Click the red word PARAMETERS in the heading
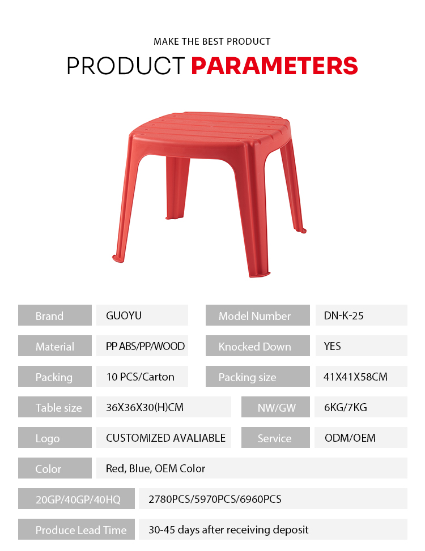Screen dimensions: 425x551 pos(274,66)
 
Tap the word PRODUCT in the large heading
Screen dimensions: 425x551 pos(125,66)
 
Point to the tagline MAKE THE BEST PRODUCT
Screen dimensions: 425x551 pos(212,41)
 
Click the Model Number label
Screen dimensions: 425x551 pos(254,316)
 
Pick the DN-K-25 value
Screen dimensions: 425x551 pos(343,315)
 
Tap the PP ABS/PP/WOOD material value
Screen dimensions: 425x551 pos(145,346)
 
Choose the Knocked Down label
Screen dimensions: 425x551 pos(254,347)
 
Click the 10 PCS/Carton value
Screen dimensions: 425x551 pos(140,377)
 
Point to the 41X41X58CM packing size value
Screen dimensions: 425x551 pos(355,377)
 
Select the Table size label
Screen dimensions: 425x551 pos(58,408)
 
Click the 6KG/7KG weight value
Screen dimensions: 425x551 pos(345,407)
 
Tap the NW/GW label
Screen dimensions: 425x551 pos(277,408)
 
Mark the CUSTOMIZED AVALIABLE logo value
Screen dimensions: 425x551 pos(165,438)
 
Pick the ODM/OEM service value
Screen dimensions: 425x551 pos(350,438)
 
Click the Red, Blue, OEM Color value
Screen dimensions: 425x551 pos(155,468)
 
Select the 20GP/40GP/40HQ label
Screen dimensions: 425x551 pos(78,499)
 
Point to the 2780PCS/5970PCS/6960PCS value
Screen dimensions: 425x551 pos(215,499)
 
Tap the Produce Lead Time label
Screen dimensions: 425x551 pos(81,530)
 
